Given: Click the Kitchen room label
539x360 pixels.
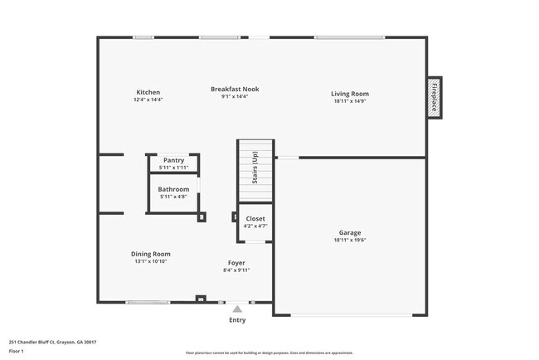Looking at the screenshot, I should [148, 92].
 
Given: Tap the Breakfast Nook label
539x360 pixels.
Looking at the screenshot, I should [235, 89].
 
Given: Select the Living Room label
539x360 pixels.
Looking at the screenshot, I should [350, 94].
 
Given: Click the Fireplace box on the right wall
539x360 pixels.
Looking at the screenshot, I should [433, 97].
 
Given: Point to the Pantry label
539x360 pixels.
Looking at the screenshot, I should [173, 160].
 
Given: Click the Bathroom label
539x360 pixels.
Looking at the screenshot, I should [173, 189].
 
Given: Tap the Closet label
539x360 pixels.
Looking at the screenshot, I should [255, 218].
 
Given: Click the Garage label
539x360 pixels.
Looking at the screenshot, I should [349, 232].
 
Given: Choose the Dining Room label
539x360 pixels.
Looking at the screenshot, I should [150, 254].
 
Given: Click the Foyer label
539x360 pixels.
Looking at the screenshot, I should [236, 262].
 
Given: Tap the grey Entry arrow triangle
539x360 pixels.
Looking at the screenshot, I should [236, 308].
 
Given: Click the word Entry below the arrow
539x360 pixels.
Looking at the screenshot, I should [236, 319].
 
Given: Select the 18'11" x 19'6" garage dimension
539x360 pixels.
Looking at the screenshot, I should [349, 241].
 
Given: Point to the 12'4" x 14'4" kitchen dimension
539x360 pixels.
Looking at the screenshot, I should [148, 100].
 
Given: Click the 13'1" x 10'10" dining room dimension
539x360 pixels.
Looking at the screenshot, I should [150, 261].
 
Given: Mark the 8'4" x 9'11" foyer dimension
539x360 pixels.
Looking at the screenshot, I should [236, 270].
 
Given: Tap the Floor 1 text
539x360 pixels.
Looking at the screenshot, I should [17, 351].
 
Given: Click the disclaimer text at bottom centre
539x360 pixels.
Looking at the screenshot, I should [268, 353].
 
